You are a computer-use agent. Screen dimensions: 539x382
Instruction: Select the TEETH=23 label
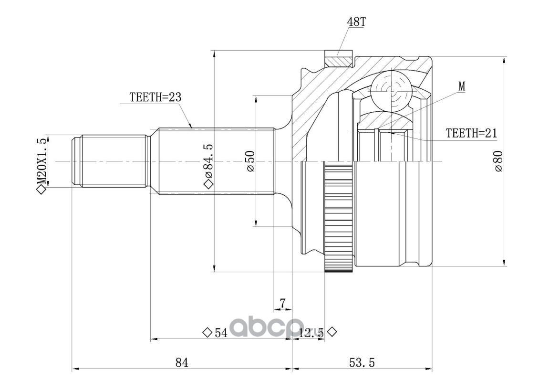155,97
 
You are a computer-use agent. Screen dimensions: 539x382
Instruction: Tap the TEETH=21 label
471,133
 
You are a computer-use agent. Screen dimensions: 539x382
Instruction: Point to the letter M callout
462,86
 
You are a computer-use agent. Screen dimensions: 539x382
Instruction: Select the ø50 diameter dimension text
250,161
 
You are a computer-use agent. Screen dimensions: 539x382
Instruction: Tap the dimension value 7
282,303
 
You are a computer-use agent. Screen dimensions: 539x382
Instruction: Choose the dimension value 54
221,332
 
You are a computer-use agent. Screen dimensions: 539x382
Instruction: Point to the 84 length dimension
182,362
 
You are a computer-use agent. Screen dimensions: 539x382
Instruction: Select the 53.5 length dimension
362,362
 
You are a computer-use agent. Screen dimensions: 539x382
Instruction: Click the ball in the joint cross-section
391,89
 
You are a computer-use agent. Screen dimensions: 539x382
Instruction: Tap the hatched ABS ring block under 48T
339,58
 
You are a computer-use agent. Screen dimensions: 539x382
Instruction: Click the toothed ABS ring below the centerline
339,217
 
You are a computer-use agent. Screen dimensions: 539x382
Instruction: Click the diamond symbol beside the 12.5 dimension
332,332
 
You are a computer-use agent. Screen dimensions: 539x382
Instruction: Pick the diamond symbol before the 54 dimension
207,332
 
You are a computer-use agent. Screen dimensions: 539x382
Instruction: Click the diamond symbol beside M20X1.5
41,190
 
